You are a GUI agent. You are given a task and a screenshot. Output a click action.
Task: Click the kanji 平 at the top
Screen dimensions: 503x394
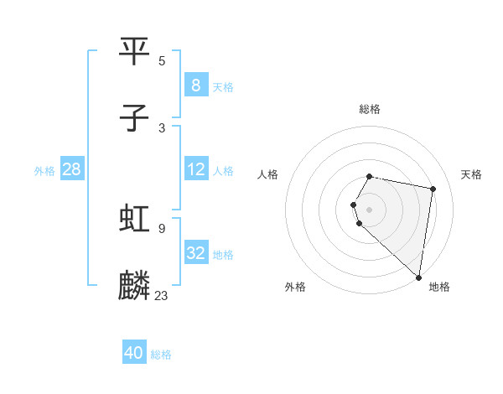tap(134, 52)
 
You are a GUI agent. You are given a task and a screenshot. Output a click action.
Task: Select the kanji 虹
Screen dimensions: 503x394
tap(134, 220)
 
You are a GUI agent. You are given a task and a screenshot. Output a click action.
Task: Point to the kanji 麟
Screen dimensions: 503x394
tap(134, 286)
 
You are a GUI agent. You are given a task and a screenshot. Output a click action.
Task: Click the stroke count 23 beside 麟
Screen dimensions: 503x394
tap(162, 295)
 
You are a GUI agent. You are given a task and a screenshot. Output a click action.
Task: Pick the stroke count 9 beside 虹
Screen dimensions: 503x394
tap(162, 228)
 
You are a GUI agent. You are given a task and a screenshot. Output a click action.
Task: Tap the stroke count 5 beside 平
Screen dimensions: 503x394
tap(162, 60)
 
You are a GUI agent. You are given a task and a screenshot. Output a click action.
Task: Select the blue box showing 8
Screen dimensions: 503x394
tap(195, 85)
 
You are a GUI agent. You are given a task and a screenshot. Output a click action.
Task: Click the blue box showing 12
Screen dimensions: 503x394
tap(195, 169)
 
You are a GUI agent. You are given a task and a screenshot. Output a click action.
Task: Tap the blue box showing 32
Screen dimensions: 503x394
tap(195, 253)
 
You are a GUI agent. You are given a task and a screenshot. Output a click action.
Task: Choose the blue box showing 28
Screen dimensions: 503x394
tap(71, 169)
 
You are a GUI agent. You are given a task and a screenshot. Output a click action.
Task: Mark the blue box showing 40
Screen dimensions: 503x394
tap(134, 353)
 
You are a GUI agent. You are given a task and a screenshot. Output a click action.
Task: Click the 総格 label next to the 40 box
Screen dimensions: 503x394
tap(161, 355)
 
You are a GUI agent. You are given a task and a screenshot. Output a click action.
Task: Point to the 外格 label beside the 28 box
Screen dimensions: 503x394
tap(44, 171)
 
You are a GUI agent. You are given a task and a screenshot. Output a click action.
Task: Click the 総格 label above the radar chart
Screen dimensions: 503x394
tap(370, 109)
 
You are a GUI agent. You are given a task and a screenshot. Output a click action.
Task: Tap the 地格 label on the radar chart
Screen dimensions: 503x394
tap(439, 287)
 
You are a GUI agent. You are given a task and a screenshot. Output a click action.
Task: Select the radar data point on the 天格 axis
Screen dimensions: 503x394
tap(433, 189)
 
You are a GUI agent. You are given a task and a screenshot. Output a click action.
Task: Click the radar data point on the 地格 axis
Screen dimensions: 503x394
tap(419, 277)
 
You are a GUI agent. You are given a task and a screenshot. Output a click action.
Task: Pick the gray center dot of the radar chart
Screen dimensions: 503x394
tap(370, 209)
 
